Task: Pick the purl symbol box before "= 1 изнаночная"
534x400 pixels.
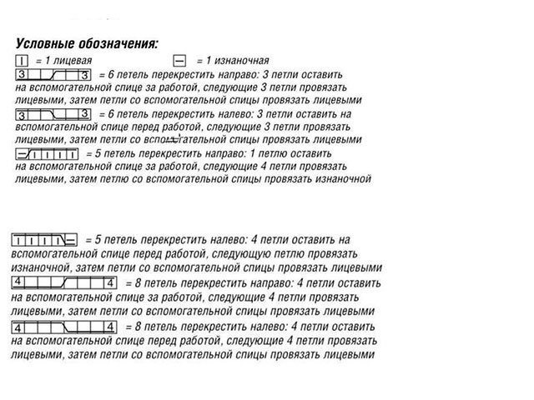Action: pyautogui.click(x=179, y=61)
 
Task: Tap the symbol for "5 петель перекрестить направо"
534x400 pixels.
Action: pyautogui.click(x=47, y=154)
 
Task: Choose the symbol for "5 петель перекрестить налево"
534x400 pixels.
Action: pyautogui.click(x=45, y=240)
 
